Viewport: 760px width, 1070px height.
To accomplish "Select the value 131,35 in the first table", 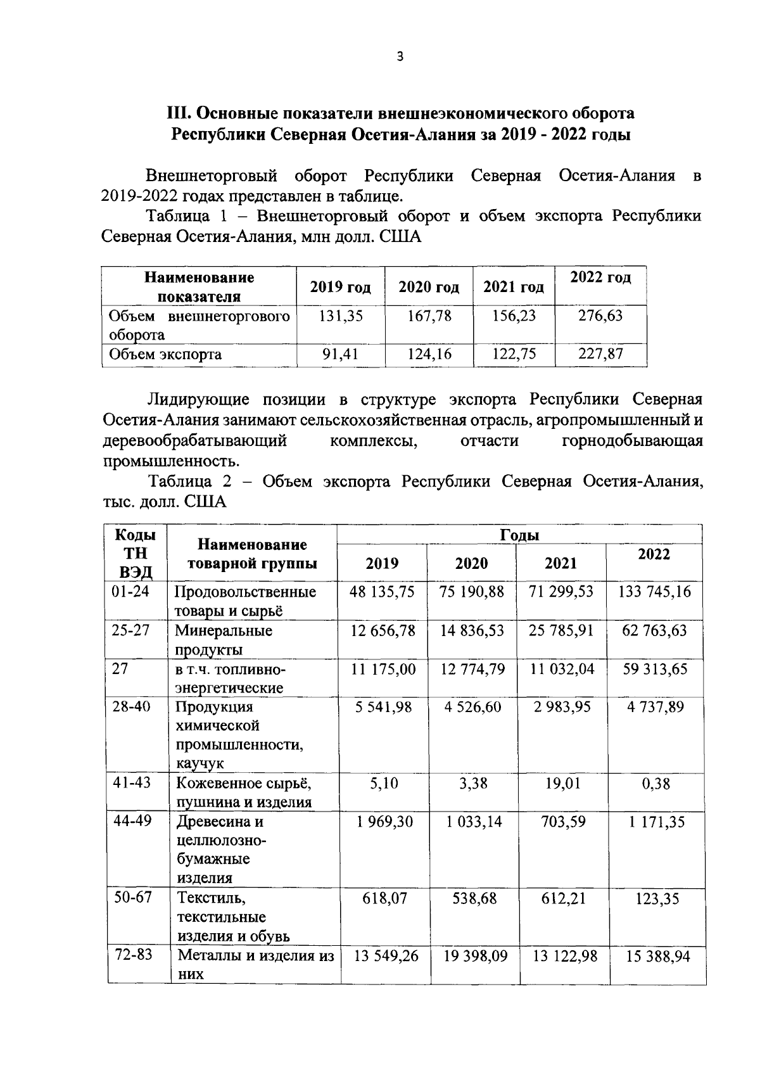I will coord(341,315).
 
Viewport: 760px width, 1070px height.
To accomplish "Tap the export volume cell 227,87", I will coord(600,353).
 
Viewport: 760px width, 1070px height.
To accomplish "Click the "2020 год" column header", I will coord(429,288).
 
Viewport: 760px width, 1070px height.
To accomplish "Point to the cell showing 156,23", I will coord(514,315).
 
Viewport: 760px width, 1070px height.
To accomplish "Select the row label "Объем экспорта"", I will coord(165,354).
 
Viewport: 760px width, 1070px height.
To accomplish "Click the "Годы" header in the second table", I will coord(519,535).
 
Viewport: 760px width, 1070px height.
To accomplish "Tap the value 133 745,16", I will coord(654,592).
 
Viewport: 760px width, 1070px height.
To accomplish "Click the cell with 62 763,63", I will coord(655,631).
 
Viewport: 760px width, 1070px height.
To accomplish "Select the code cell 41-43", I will coord(132,782).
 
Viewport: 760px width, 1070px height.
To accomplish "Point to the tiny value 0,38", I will coord(655,784).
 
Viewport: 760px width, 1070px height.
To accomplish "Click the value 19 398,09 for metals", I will coord(475,955).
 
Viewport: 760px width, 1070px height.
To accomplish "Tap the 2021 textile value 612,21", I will coord(561,898).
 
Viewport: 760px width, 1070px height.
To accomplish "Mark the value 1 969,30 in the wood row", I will coord(384,822).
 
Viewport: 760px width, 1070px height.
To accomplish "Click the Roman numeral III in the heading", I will coord(178,113).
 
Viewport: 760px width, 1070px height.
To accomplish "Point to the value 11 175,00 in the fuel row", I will coord(384,669).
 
